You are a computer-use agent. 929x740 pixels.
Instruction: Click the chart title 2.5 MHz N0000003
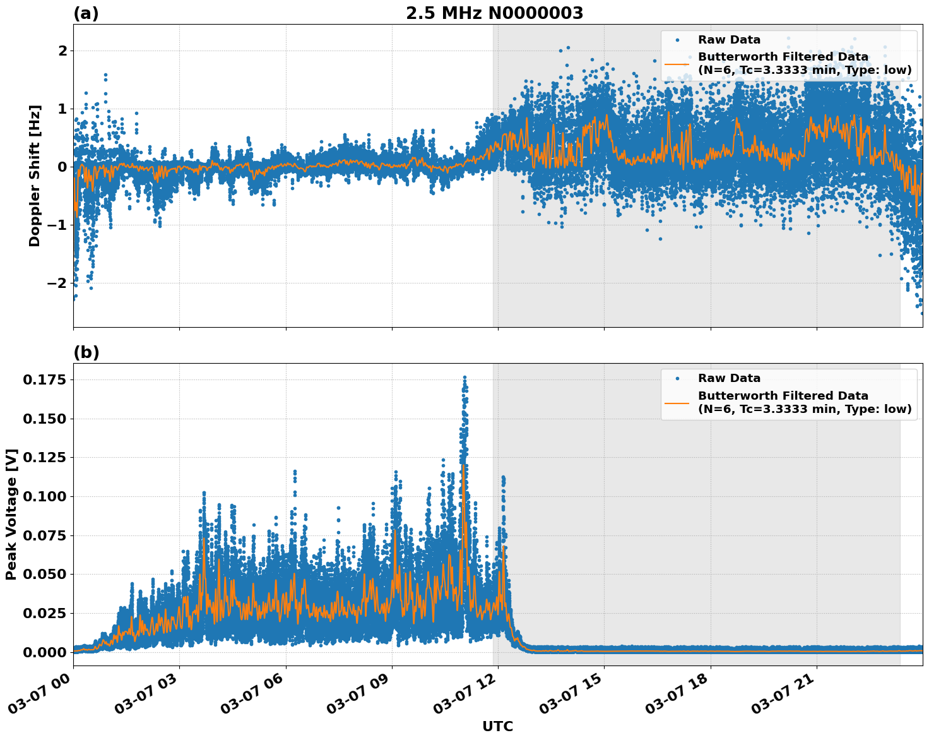[x=494, y=13]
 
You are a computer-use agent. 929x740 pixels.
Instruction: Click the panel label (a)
[x=86, y=13]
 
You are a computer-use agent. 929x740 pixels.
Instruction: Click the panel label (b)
[x=86, y=352]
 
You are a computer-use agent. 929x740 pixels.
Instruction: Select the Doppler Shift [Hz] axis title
[x=35, y=176]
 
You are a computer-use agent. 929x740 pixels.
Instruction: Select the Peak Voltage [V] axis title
[x=11, y=514]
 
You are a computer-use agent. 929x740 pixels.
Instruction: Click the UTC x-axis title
[x=497, y=726]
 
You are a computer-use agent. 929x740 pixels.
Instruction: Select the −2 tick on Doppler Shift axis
[x=57, y=283]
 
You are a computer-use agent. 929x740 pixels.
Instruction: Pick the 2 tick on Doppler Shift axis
[x=62, y=51]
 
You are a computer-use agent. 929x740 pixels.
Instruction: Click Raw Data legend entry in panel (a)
[x=729, y=40]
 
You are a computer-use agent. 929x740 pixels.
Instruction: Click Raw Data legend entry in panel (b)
[x=729, y=378]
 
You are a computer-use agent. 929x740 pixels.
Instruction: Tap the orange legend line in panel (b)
[x=677, y=402]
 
